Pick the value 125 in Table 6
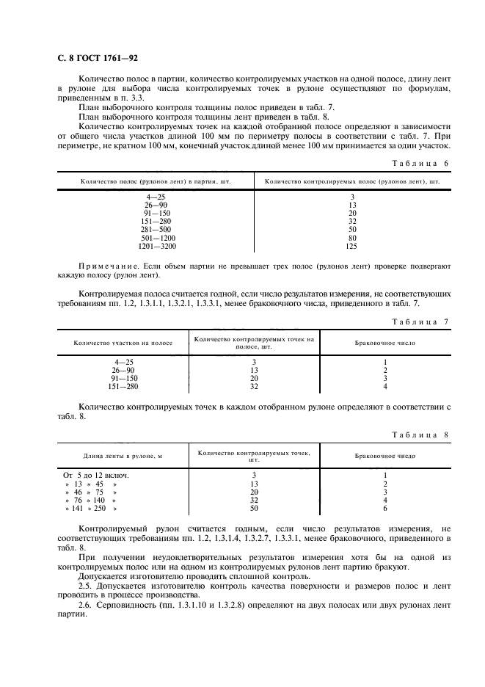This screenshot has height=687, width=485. point(352,247)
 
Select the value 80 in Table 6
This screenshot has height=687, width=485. point(352,238)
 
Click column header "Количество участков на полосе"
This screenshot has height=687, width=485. point(123,343)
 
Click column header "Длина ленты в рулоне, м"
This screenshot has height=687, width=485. point(123,457)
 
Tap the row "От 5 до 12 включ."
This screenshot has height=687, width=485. point(99,475)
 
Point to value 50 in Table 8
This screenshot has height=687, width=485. point(254,509)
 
